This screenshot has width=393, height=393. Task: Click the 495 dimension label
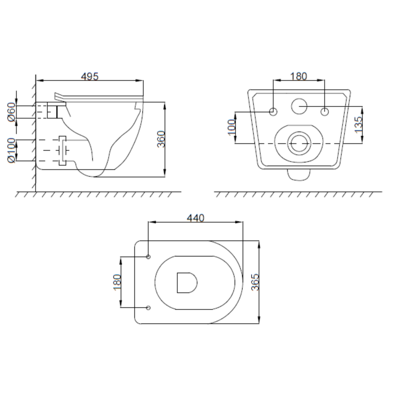coord(90,76)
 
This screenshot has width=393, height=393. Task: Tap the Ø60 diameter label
coord(12,112)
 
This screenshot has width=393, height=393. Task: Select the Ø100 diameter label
coord(12,150)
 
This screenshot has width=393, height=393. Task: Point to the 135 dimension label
coord(358,125)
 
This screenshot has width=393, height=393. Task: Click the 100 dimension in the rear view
coord(231,127)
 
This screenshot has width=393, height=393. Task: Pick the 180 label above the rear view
coord(298,76)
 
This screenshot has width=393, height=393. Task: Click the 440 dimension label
coord(195,218)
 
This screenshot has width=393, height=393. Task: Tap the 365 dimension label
coord(255,282)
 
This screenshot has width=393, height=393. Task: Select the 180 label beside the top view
coord(117,282)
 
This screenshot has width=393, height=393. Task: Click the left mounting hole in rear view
coord(273,112)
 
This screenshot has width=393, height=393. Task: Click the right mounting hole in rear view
coord(325,112)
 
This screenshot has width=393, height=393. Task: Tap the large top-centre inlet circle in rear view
coord(299,106)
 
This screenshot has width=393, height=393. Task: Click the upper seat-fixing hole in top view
coord(149,256)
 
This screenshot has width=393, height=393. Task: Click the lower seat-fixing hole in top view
coord(149,308)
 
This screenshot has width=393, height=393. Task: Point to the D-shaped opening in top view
coord(187,282)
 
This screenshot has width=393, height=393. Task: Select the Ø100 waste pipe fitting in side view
coord(62,150)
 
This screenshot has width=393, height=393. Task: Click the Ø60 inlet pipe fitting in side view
coord(52,111)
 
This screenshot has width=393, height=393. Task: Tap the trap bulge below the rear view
coord(299,175)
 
